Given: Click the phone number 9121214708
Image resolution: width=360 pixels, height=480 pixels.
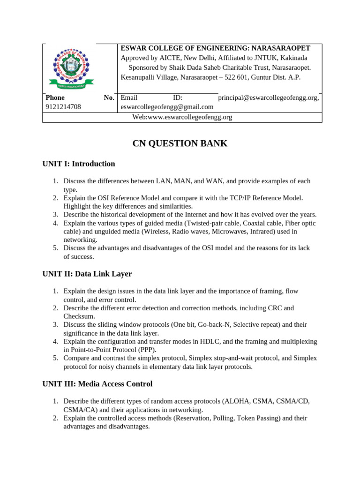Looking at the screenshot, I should pyautogui.click(x=63, y=107).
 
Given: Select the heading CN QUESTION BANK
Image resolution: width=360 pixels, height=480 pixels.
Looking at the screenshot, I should pyautogui.click(x=180, y=143).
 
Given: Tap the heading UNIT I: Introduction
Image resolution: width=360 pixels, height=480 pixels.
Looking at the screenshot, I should pyautogui.click(x=79, y=164).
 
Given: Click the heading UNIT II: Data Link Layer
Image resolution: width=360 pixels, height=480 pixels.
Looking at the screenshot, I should pyautogui.click(x=87, y=274).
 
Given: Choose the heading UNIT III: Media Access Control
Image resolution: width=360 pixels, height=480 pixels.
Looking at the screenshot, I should pyautogui.click(x=97, y=384).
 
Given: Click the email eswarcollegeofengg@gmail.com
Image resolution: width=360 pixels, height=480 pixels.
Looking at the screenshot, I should pyautogui.click(x=167, y=107).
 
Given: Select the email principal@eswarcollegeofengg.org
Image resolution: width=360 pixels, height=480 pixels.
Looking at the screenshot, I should pyautogui.click(x=268, y=98).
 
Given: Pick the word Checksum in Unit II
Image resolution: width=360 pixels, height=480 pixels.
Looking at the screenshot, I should pyautogui.click(x=79, y=317).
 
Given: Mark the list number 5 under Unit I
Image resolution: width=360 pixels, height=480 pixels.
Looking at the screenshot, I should pyautogui.click(x=55, y=248).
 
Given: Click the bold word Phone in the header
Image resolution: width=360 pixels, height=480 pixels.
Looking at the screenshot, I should pyautogui.click(x=55, y=98).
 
